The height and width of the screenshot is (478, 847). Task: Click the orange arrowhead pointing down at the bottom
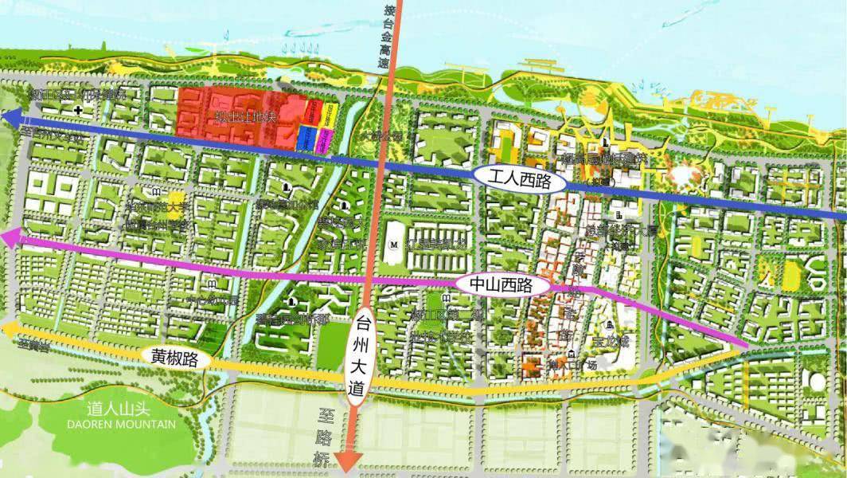pos(349,463)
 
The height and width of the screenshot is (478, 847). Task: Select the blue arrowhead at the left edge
pos(11,118)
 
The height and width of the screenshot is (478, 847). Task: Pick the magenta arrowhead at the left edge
pos(10,237)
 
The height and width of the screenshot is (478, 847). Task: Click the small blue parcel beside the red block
pos(306,138)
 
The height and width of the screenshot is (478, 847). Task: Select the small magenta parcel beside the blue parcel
pos(324,139)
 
